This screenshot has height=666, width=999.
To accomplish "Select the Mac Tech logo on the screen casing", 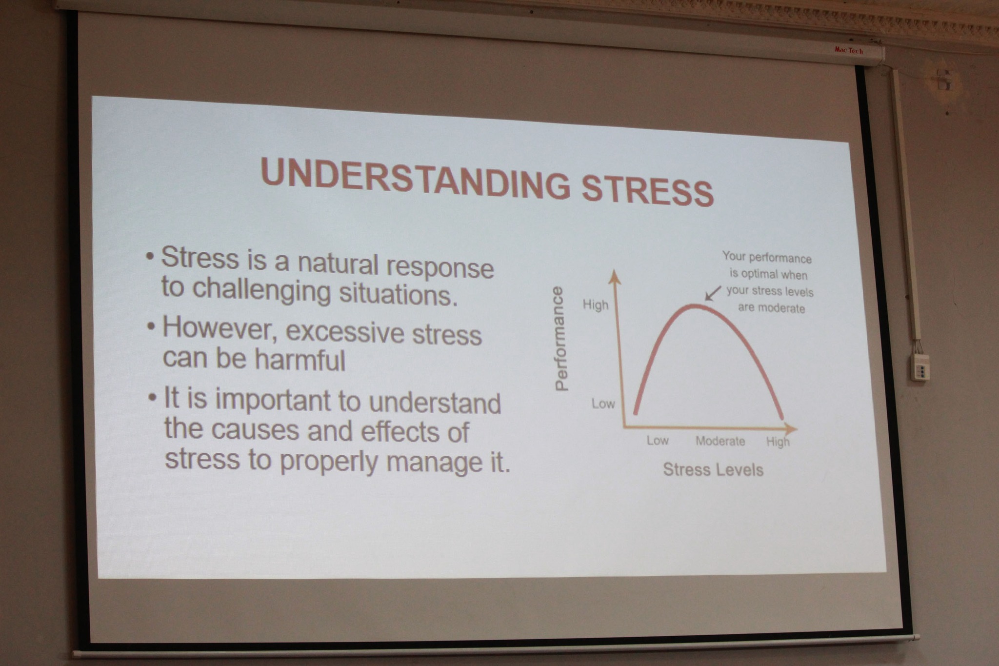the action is [849, 50].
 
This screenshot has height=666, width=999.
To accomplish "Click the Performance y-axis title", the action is [561, 339].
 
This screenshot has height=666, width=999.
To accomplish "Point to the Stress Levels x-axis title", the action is [713, 469].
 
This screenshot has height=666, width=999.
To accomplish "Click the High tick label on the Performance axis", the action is [596, 305].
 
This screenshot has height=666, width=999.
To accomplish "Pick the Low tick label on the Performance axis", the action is [603, 404].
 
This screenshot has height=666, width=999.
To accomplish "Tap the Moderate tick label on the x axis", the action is [720, 441].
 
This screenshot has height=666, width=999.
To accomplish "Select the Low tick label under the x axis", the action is [658, 440].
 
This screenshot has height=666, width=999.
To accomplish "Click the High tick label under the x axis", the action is [778, 442].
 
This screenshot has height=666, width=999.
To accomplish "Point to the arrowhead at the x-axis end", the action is [791, 429].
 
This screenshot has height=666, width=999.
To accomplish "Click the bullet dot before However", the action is [151, 324].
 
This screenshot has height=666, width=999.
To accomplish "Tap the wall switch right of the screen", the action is [920, 367].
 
